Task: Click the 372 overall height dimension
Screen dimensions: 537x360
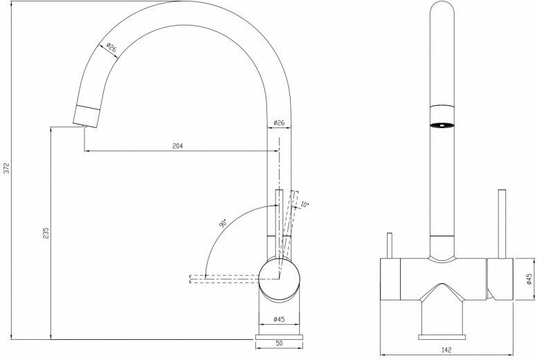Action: (7, 168)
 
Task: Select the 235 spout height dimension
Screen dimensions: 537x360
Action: (46, 233)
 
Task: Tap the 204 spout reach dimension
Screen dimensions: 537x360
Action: (177, 146)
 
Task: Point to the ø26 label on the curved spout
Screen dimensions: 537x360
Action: (111, 47)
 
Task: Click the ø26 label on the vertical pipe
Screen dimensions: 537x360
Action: (279, 123)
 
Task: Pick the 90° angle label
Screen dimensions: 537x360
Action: (223, 224)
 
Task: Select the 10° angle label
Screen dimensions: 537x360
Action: (304, 205)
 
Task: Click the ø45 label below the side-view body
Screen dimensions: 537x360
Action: (279, 319)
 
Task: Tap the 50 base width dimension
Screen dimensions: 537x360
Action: (279, 343)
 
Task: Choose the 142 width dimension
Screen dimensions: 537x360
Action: (446, 350)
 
